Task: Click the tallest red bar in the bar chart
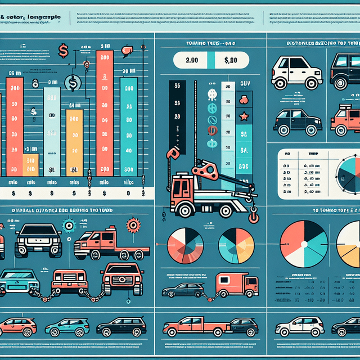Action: pos(105,112)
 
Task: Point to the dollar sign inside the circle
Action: pos(71,84)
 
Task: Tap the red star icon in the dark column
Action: pos(244,118)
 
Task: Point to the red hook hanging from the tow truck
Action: pos(253,214)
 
